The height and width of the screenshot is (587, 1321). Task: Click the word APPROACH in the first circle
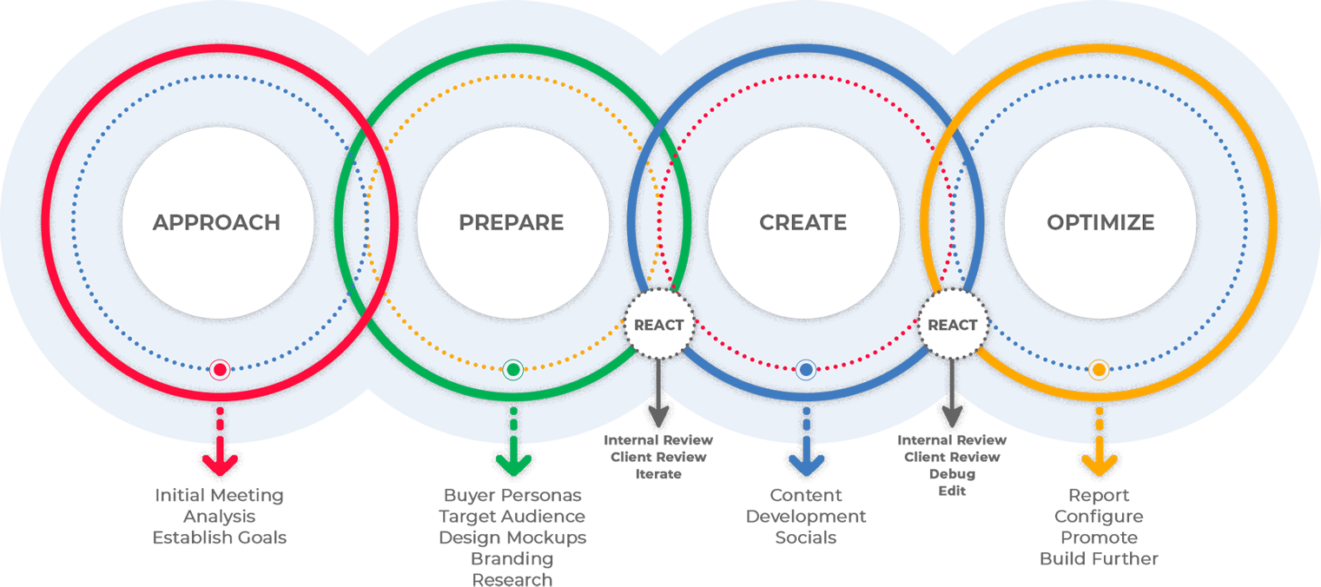tap(216, 223)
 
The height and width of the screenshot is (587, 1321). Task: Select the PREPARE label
tap(512, 223)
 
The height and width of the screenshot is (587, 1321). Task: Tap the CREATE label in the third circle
tap(803, 223)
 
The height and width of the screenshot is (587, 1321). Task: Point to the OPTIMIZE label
tap(1100, 223)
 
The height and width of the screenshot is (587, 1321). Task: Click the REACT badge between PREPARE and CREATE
tap(659, 325)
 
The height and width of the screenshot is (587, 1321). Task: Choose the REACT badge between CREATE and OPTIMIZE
tap(953, 325)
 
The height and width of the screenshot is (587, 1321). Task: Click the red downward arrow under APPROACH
tap(220, 460)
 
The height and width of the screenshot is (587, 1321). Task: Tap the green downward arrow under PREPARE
tap(513, 460)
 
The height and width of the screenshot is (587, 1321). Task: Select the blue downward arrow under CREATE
tap(806, 460)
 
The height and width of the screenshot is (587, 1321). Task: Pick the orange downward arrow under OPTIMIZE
tap(1100, 460)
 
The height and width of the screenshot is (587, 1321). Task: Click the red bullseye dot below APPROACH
tap(220, 371)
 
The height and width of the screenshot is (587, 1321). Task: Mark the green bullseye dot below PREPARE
tap(513, 371)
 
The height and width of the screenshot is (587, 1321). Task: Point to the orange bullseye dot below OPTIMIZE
tap(1099, 371)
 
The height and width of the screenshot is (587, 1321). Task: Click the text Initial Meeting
tap(220, 496)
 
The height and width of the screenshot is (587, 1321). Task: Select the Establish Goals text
tap(220, 538)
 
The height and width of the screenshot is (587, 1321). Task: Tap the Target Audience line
tap(512, 517)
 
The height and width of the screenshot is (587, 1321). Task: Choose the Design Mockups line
tap(512, 538)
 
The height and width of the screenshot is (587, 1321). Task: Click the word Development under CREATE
tap(806, 517)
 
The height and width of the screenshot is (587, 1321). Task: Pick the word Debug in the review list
tap(952, 474)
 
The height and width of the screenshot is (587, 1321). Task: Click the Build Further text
tap(1099, 558)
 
